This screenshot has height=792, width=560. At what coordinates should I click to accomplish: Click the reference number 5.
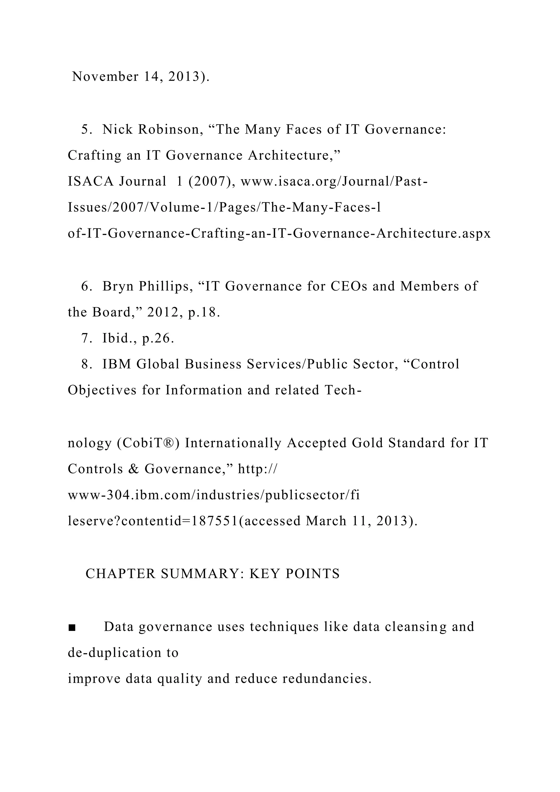(86, 129)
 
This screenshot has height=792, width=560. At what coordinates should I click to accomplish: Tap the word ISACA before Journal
(90, 181)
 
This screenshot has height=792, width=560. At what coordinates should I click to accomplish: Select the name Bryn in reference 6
(118, 286)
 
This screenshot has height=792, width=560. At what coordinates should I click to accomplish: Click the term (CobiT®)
(148, 443)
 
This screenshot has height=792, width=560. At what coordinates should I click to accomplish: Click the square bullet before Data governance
(72, 627)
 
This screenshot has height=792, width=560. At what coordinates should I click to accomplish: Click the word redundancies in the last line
(327, 679)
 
